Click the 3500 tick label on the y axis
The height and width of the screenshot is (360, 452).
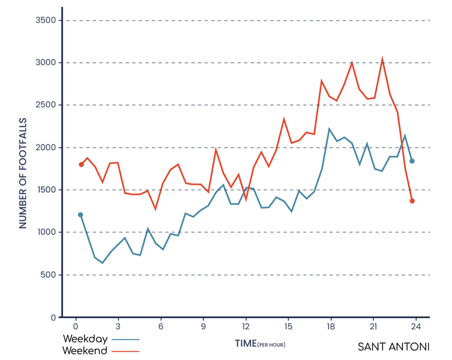pos(46,20)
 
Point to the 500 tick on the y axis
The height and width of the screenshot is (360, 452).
pos(48,275)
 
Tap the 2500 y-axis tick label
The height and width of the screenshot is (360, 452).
pos(46,105)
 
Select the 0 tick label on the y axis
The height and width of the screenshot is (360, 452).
pos(54,317)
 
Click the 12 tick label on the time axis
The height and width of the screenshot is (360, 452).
pos(245,327)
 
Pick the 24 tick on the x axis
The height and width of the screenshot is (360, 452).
pos(416,327)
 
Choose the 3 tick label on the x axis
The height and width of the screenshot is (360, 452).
pos(118,327)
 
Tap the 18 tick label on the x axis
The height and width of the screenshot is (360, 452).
pos(331,327)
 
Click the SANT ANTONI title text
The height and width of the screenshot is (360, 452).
pos(394,347)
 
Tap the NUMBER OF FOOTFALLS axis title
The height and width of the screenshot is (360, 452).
pos(23,172)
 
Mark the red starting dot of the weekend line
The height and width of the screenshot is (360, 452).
pos(81,165)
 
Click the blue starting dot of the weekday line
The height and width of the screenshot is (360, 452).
pos(80,215)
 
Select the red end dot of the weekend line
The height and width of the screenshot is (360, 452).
pos(412,201)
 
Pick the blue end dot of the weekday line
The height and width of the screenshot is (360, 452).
pos(412,161)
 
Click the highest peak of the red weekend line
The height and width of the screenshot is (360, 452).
pos(382,60)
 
